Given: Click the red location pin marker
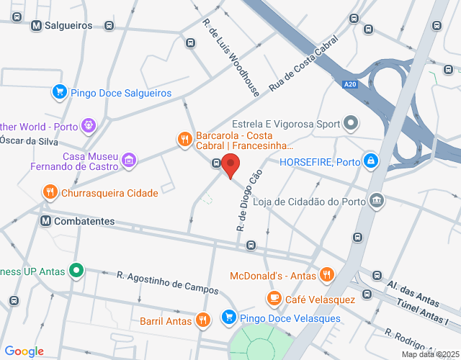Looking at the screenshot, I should (x=230, y=166).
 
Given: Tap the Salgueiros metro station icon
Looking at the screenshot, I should (x=36, y=25).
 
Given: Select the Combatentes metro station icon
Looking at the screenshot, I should (x=46, y=221).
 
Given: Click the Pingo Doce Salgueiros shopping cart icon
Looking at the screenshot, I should (x=59, y=92).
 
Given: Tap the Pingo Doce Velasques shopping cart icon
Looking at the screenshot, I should (x=228, y=317).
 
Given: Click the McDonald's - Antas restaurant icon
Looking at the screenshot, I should (x=327, y=274).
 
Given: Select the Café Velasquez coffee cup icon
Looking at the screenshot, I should (x=274, y=297).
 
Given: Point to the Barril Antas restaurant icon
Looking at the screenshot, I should (x=203, y=320).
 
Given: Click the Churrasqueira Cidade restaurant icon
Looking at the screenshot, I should (x=49, y=192).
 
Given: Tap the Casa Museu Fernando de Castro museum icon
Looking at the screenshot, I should (x=128, y=159).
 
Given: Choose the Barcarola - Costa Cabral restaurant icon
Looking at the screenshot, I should (x=184, y=138).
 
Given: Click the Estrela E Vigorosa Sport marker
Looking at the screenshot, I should (x=351, y=123).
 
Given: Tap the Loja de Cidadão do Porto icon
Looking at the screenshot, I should (x=376, y=199).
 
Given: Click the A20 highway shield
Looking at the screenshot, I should (x=349, y=85).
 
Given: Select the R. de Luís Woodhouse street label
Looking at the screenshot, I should (x=230, y=58).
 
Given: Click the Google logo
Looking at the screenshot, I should (x=24, y=351).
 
